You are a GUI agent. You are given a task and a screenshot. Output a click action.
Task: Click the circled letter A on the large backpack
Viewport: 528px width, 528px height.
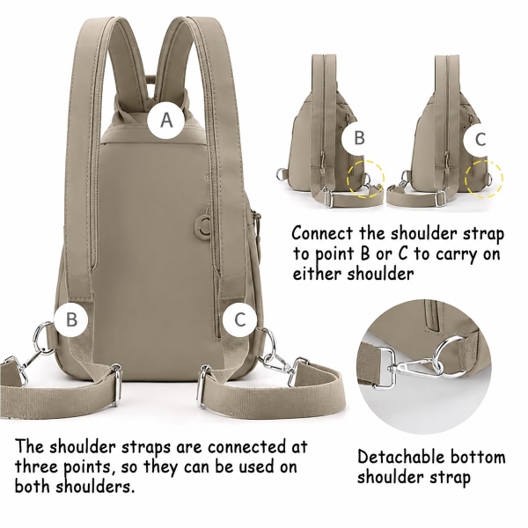(166, 120)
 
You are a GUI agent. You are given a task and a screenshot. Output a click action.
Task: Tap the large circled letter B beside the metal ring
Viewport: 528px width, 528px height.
(71, 319)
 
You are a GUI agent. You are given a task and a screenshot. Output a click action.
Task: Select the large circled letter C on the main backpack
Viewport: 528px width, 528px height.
(239, 319)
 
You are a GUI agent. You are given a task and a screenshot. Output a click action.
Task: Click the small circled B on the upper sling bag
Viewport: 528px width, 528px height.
(359, 138)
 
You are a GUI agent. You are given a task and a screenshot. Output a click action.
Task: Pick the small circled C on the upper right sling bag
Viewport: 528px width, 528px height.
(480, 139)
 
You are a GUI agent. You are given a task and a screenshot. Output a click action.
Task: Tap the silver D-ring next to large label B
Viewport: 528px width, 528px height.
(40, 337)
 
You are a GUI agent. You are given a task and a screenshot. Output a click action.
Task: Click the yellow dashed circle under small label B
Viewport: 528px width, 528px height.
(366, 180)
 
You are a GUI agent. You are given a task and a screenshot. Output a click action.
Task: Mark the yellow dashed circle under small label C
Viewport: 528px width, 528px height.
(484, 179)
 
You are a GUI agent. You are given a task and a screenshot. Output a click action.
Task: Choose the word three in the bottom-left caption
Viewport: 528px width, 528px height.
(37, 467)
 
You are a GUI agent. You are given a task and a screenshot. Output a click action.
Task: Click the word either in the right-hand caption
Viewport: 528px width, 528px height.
(317, 274)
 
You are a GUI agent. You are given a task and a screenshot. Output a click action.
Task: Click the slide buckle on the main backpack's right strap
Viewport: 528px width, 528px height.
(202, 387)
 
